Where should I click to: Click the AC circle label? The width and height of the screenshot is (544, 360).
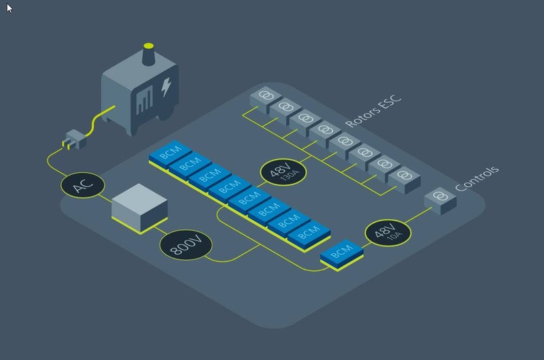click(82, 184)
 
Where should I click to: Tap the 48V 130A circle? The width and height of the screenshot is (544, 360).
click(284, 172)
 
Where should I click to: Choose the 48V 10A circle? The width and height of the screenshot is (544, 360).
click(388, 233)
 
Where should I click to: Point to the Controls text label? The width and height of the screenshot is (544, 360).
click(477, 178)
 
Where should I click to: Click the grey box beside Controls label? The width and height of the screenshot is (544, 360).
click(440, 200)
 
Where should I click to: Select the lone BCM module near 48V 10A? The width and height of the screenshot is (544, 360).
click(341, 254)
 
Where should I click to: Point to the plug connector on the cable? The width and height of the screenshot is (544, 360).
click(71, 142)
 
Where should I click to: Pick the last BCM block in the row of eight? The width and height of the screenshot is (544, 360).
click(308, 233)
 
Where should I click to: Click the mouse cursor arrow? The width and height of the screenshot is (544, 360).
click(10, 8)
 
